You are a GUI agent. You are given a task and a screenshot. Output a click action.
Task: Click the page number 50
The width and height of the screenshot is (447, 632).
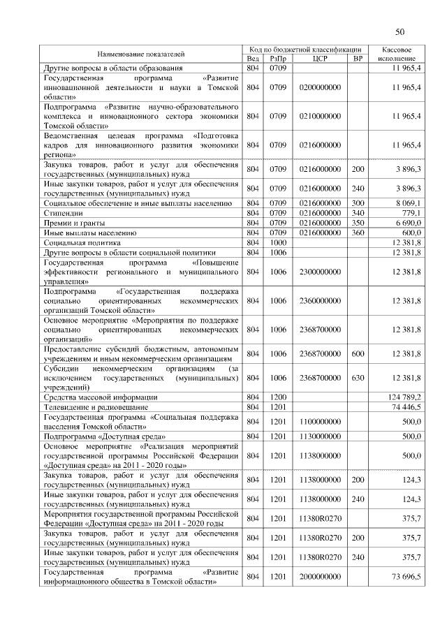pos(400,31)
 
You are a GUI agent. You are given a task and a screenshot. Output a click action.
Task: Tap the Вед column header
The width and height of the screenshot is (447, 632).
pos(253,59)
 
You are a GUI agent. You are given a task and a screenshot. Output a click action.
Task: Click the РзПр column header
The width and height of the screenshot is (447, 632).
pos(279,59)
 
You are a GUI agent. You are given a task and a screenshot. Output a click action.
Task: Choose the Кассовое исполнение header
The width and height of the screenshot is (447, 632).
pos(401,54)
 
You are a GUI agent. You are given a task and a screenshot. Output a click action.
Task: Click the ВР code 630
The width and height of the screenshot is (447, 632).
pos(358,378)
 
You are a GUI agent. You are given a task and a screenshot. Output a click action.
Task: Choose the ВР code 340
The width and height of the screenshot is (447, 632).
pos(358,212)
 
